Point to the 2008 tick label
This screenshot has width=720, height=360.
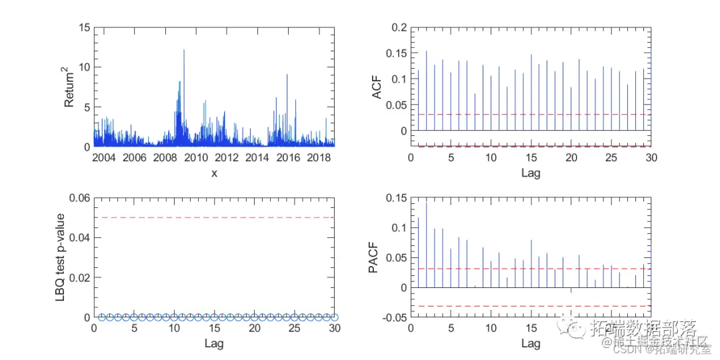pyautogui.click(x=164, y=157)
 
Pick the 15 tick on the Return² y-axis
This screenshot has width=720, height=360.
pyautogui.click(x=84, y=28)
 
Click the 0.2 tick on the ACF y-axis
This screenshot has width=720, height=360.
pyautogui.click(x=399, y=28)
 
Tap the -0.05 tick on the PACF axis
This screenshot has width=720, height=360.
pyautogui.click(x=393, y=317)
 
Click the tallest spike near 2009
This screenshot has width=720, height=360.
pyautogui.click(x=184, y=50)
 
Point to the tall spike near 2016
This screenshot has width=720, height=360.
pyautogui.click(x=287, y=75)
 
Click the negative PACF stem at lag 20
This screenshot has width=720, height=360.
pyautogui.click(x=571, y=290)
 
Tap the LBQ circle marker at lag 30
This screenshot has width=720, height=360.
pyautogui.click(x=335, y=317)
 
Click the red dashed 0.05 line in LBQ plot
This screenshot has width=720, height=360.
pyautogui.click(x=213, y=217)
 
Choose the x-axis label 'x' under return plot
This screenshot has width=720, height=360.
pyautogui.click(x=214, y=173)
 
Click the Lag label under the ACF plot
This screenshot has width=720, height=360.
pyautogui.click(x=531, y=173)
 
